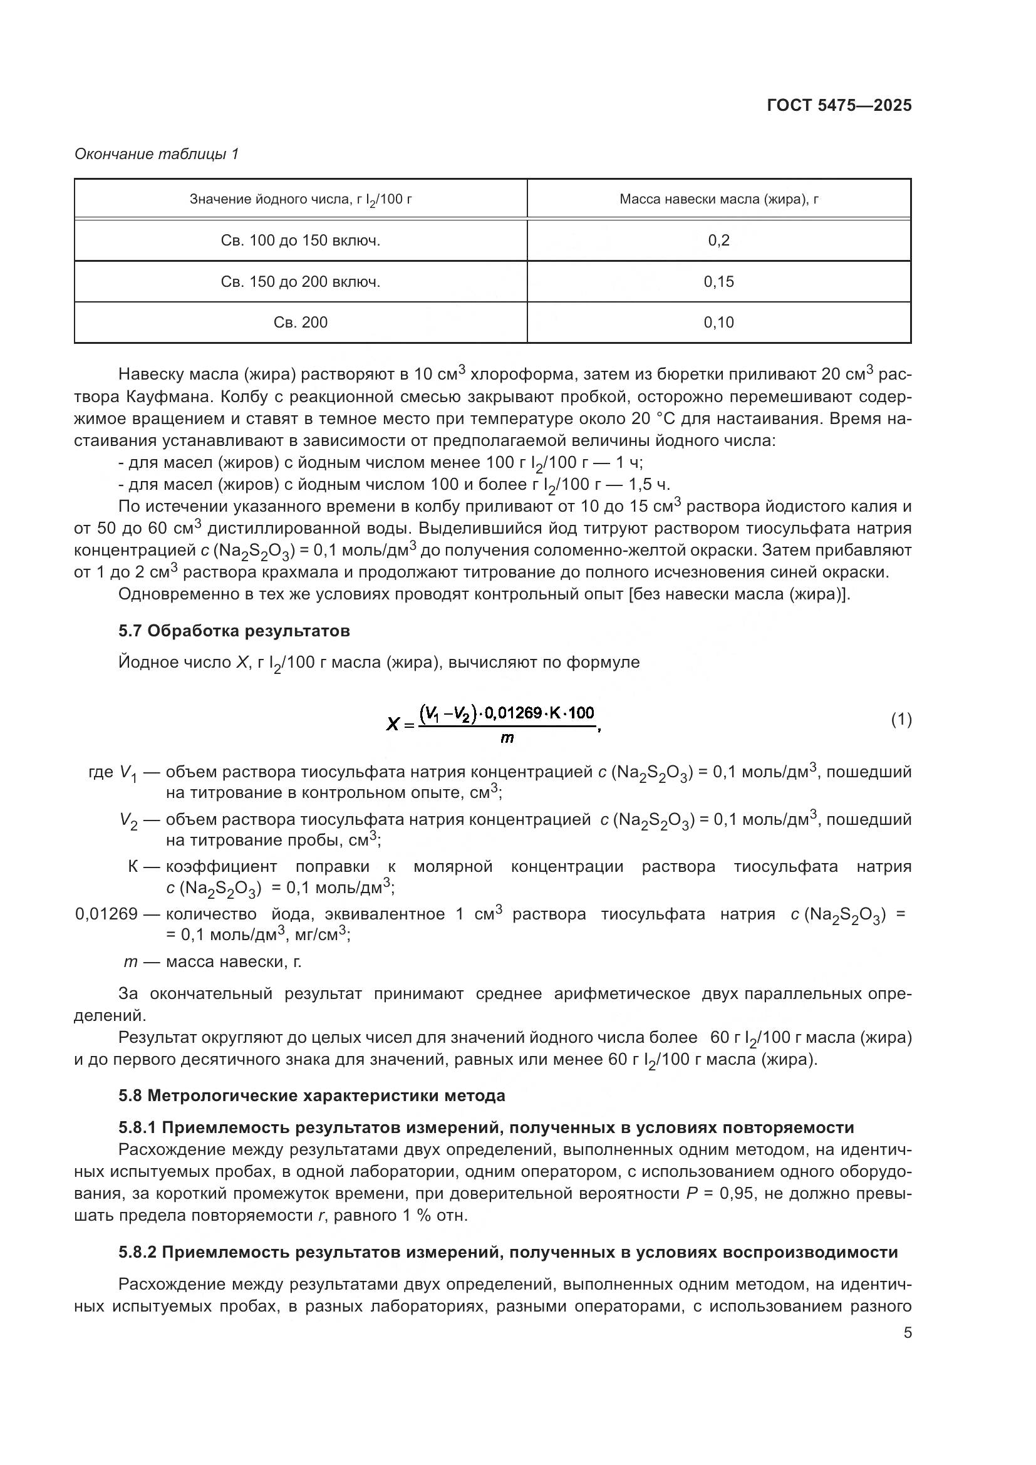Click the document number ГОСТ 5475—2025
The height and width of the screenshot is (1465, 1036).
click(839, 105)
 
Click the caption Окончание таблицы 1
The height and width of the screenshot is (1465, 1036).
click(157, 155)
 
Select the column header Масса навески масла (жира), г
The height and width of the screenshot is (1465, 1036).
click(719, 200)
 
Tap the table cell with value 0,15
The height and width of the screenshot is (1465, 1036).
click(719, 282)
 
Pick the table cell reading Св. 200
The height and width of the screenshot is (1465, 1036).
click(301, 323)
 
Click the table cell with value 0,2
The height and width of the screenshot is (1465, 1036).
click(719, 241)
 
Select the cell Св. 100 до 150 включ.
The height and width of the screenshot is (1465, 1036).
click(301, 241)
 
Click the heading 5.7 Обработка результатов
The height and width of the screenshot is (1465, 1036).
click(234, 631)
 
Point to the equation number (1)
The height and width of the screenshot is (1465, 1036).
click(901, 720)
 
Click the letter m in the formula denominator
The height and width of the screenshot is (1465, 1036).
click(507, 738)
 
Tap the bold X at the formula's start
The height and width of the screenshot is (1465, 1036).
click(393, 724)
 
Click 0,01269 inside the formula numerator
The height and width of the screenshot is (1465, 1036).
click(513, 713)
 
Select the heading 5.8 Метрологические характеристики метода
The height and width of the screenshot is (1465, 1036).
click(311, 1095)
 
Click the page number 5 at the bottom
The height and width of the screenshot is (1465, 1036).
click(908, 1333)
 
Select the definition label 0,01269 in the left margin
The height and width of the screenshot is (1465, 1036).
click(106, 914)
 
